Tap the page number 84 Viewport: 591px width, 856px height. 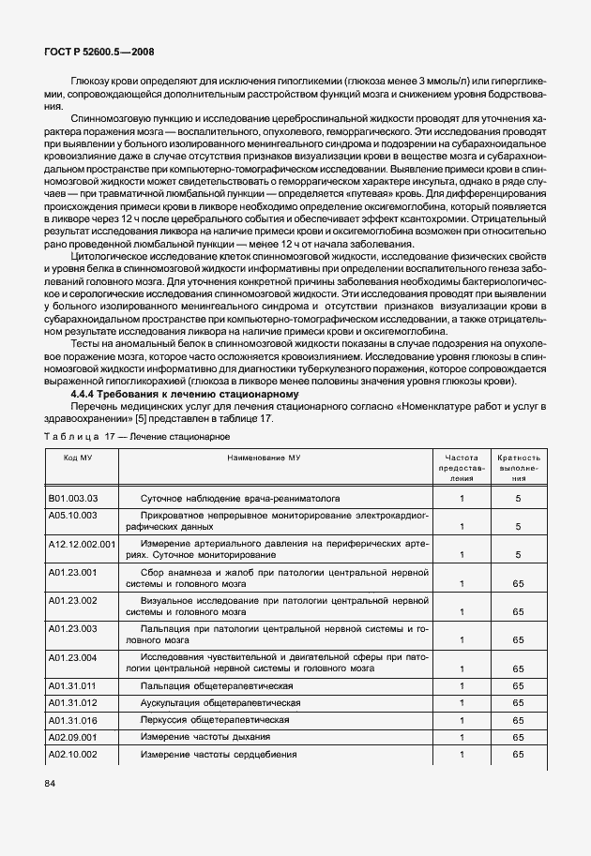[50, 784]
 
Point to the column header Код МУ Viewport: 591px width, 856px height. [78, 457]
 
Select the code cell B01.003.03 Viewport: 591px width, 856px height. [72, 500]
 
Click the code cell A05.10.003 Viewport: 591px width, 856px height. [72, 515]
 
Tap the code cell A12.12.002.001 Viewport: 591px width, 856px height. [82, 544]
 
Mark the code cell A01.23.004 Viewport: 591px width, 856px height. [72, 657]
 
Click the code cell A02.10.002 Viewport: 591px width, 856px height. [72, 755]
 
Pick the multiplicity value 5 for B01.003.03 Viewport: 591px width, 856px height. [518, 500]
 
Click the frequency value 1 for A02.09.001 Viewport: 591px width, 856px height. [462, 738]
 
